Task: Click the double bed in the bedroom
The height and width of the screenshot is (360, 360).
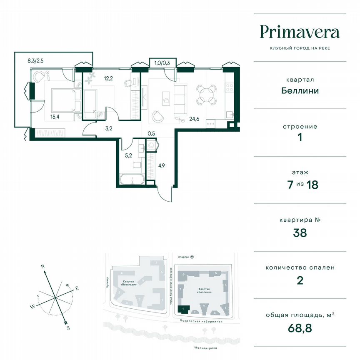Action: (x=63, y=100)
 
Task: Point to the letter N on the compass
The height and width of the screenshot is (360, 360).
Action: (x=42, y=265)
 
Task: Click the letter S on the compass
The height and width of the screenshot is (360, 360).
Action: (x=68, y=328)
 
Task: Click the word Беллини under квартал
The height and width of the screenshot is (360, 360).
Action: (x=300, y=90)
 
